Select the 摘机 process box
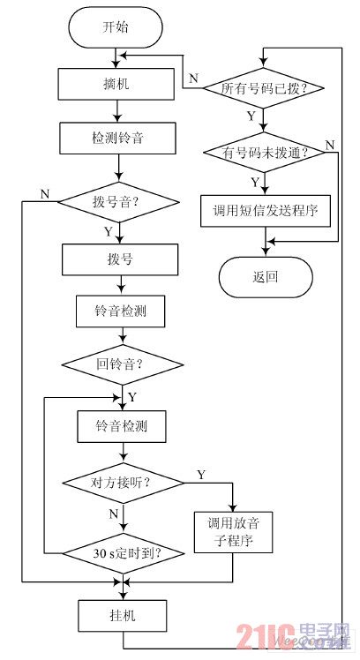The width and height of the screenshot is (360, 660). coord(116,85)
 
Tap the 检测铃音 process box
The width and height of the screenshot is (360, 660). coord(116,139)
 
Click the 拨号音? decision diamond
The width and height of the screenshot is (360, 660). coord(116,200)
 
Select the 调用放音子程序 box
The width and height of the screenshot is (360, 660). coord(235,532)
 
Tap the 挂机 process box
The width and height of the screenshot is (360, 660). coord(123,611)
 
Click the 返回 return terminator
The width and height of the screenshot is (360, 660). coord(265,276)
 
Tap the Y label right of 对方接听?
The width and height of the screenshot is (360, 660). coord(200,475)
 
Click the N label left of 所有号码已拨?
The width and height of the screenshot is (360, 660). coord(192,78)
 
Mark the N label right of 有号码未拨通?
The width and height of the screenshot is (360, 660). coord(329,144)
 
